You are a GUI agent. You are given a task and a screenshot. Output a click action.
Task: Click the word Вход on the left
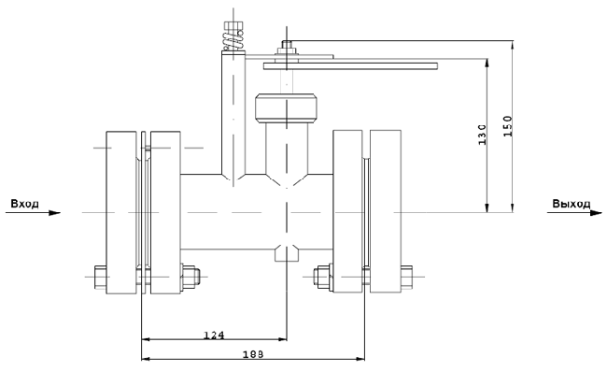(25, 204)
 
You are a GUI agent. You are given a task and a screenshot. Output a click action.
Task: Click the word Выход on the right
(571, 204)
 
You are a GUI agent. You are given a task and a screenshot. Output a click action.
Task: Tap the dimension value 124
(214, 335)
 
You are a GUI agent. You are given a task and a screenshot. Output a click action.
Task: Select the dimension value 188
(253, 354)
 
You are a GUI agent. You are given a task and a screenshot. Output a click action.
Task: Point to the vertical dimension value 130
(483, 135)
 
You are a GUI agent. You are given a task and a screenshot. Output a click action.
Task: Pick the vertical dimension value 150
(507, 126)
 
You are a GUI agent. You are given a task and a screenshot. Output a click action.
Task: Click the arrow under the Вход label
(33, 213)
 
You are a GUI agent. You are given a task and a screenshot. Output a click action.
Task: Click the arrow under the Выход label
(574, 213)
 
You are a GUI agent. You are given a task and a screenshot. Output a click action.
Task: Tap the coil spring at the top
(233, 41)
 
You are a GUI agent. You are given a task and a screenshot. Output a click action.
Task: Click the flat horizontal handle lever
(351, 66)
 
